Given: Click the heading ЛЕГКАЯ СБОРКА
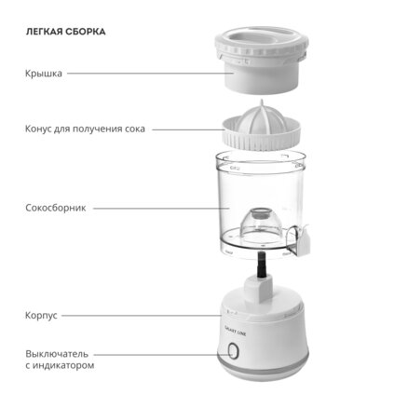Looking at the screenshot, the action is pyautogui.click(x=65, y=32).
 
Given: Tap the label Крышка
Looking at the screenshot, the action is pyautogui.click(x=44, y=74).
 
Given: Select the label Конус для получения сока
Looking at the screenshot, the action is pyautogui.click(x=85, y=129).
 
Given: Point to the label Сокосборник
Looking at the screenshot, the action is pyautogui.click(x=56, y=208).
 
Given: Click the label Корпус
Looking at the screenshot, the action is pyautogui.click(x=41, y=316).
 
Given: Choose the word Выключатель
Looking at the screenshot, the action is pyautogui.click(x=57, y=354).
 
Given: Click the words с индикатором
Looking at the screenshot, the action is pyautogui.click(x=60, y=365).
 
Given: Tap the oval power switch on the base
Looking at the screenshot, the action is pyautogui.click(x=233, y=351).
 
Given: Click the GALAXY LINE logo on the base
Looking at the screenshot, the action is pyautogui.click(x=235, y=332).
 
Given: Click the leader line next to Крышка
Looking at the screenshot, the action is pyautogui.click(x=150, y=74).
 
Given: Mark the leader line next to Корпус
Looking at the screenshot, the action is pyautogui.click(x=142, y=316).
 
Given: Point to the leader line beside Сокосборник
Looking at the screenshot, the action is pyautogui.click(x=161, y=208).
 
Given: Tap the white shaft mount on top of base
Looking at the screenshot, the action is pyautogui.click(x=259, y=289).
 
